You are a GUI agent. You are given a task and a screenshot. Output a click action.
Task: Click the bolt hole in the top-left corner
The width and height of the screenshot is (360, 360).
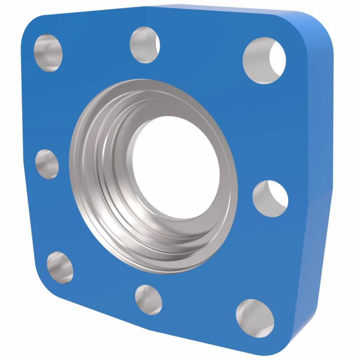48,53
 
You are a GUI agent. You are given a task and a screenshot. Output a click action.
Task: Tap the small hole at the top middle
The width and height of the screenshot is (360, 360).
145,45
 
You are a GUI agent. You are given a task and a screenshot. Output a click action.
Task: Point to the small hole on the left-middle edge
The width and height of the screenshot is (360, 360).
47,164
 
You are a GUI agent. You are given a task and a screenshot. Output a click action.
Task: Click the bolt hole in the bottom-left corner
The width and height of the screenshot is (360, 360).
60,267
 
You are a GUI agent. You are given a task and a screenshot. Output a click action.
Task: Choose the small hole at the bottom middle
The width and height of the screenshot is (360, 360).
148,299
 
